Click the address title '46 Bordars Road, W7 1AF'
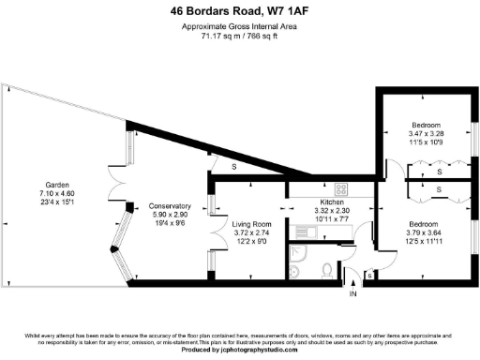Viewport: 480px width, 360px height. [x=240, y=11]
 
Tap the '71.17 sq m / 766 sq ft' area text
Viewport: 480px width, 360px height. [x=240, y=38]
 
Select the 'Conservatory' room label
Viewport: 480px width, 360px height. [x=170, y=205]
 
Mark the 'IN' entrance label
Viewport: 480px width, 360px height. [x=352, y=294]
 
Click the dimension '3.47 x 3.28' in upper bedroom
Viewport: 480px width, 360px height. [x=427, y=135]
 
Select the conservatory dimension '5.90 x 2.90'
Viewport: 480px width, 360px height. [x=170, y=214]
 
